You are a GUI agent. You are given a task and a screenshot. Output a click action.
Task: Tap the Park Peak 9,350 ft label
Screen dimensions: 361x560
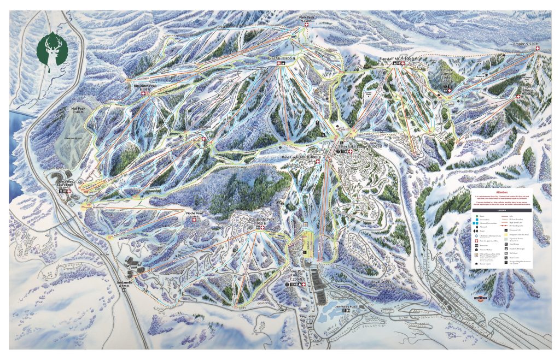pos(306,19)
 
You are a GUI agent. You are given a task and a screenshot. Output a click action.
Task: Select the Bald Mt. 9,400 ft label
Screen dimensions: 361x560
pos(281,57)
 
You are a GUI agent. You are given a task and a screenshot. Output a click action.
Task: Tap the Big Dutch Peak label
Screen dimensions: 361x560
pos(145,86)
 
